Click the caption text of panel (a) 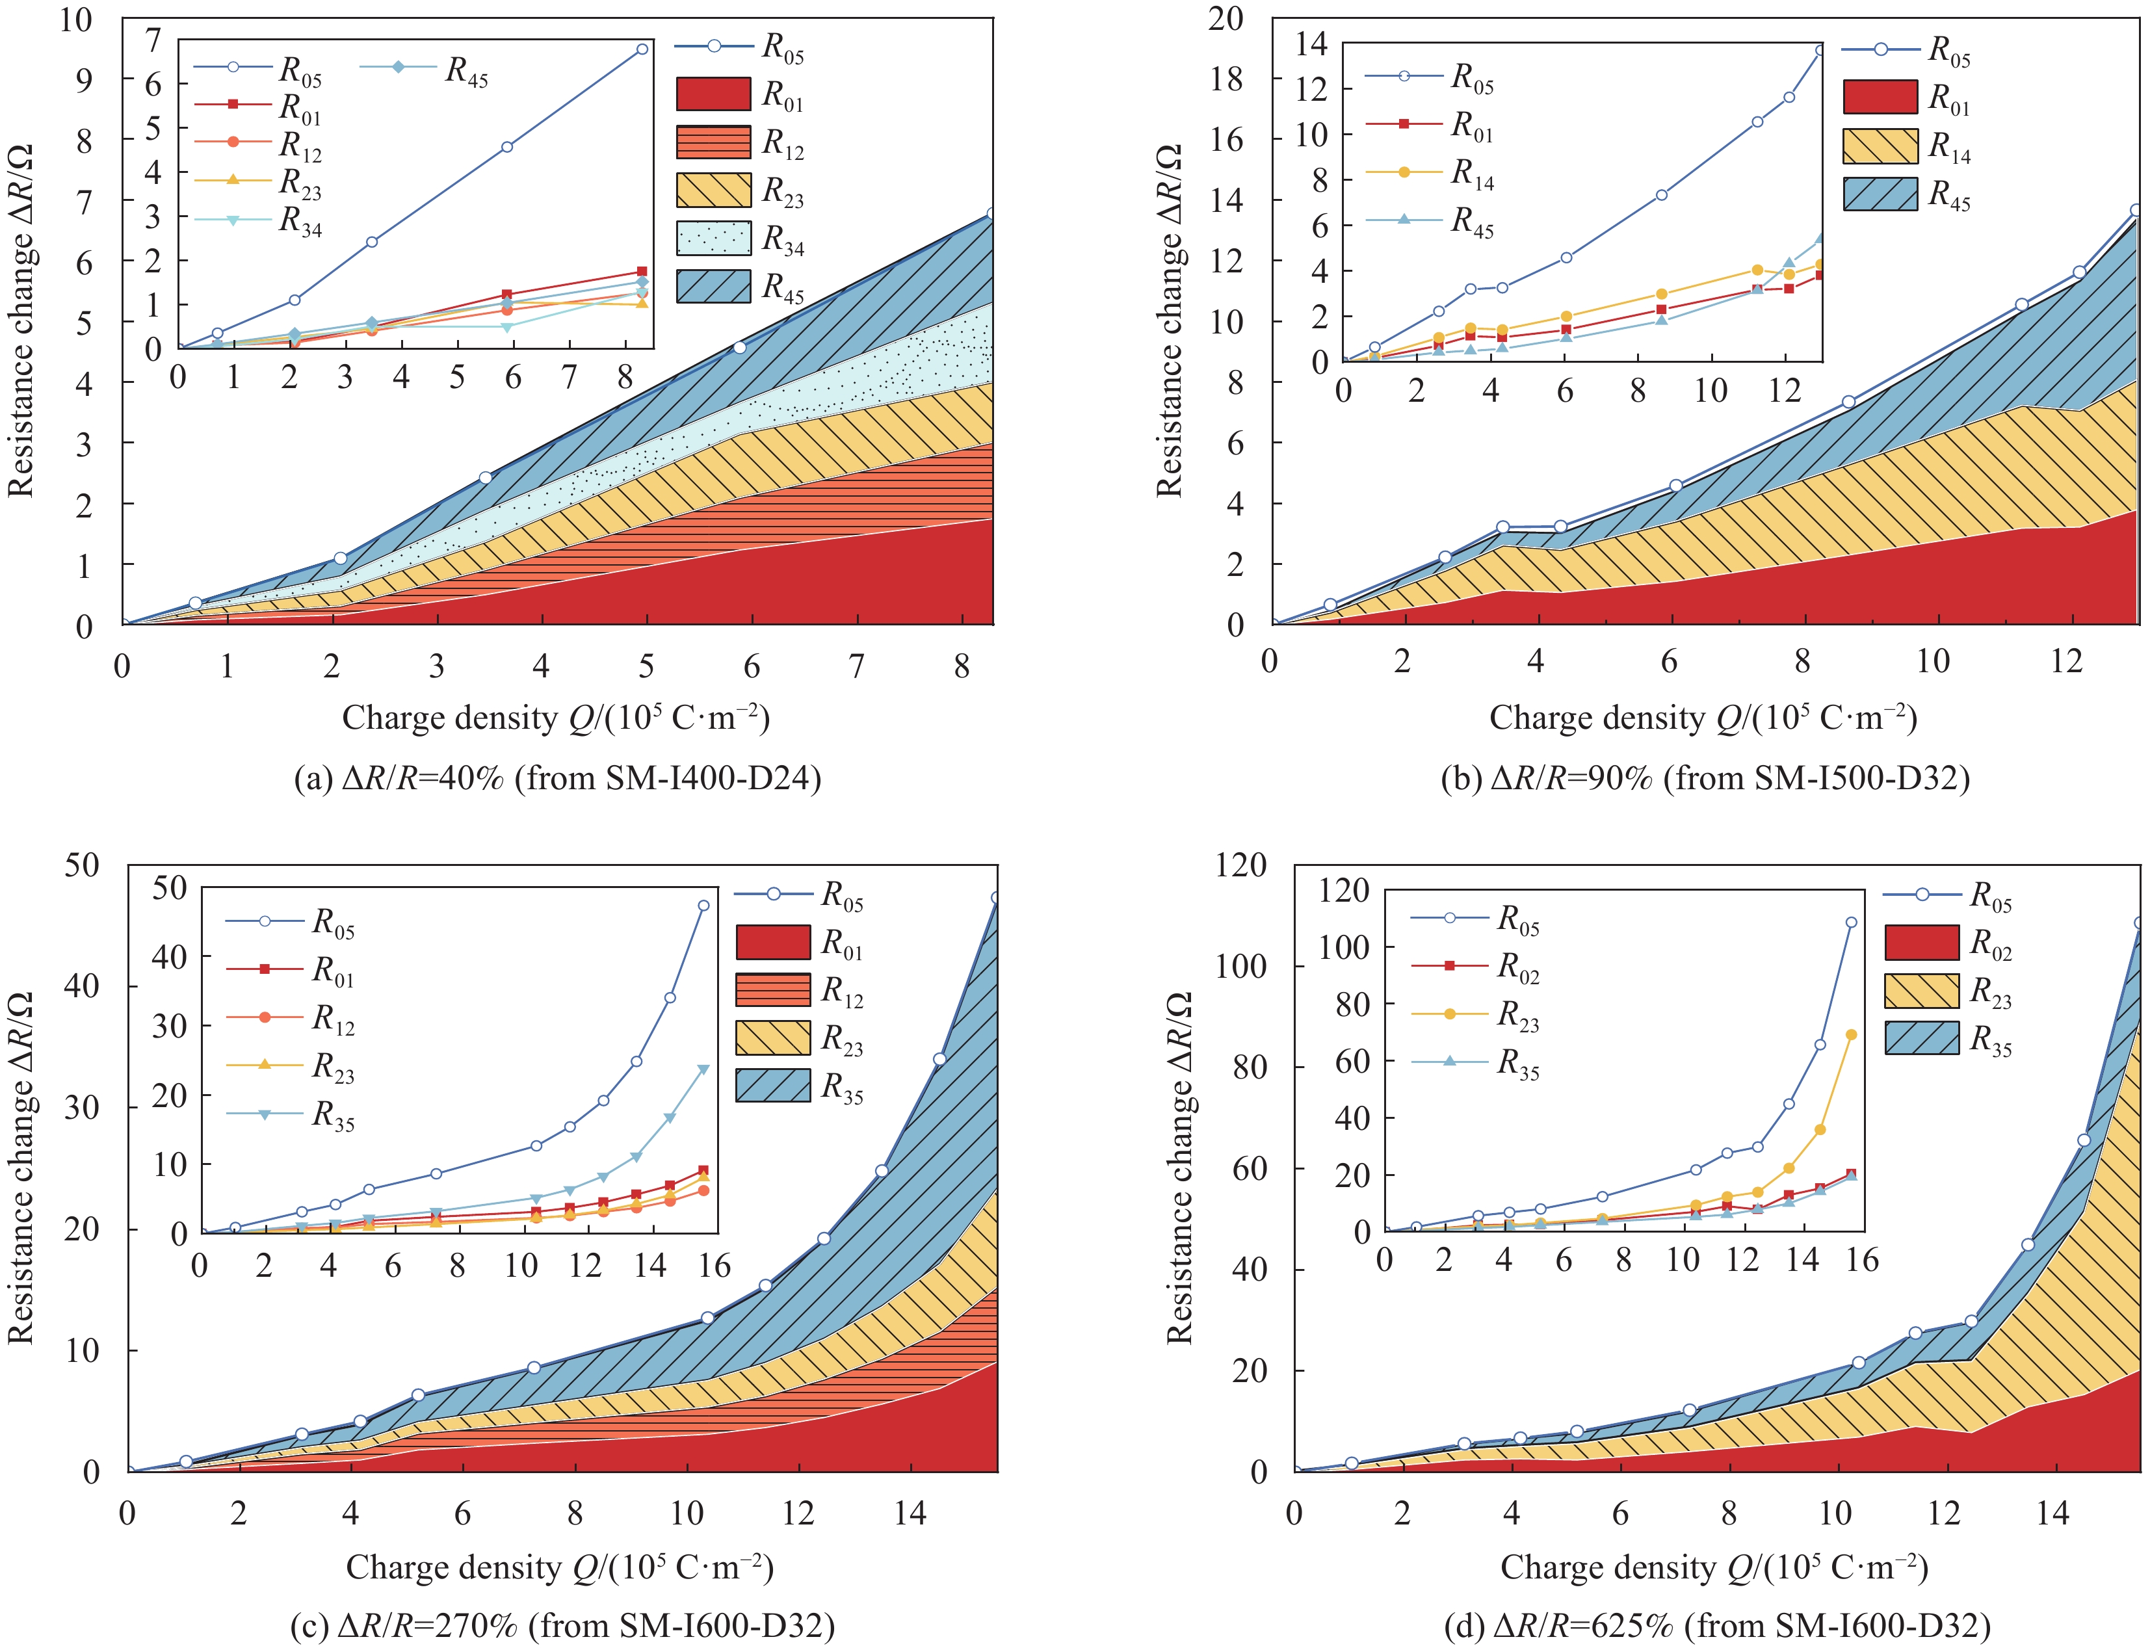tap(557, 778)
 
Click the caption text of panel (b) tap(1705, 778)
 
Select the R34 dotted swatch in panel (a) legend tap(714, 239)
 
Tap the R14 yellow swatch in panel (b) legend tap(1880, 146)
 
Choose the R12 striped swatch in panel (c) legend tap(773, 991)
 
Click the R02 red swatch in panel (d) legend tap(1921, 943)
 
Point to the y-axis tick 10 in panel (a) tap(77, 19)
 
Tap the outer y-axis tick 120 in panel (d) tap(1240, 865)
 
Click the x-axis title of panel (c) tap(559, 1567)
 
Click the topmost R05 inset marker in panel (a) tap(642, 48)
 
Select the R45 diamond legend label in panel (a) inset tap(466, 71)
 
